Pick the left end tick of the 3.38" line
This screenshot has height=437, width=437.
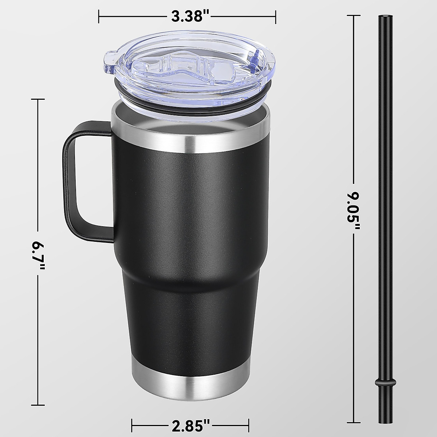click(99, 16)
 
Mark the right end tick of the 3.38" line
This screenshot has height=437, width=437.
click(275, 16)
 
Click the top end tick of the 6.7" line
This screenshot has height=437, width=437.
click(38, 99)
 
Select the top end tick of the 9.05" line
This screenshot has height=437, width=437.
click(353, 15)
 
